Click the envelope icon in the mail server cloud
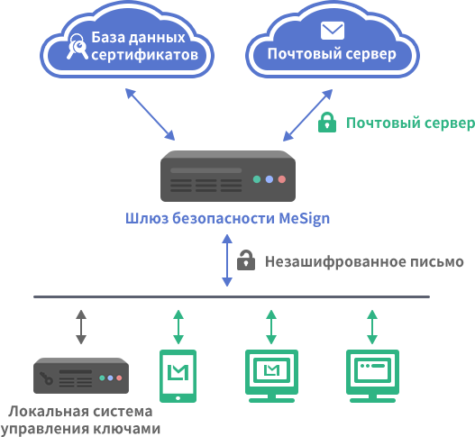pyautogui.click(x=333, y=31)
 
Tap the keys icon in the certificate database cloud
pyautogui.click(x=77, y=46)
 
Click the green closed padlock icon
pyautogui.click(x=327, y=122)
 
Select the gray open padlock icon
pyautogui.click(x=246, y=259)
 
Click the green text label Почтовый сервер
pyautogui.click(x=410, y=123)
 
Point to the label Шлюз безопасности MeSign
pyautogui.click(x=227, y=218)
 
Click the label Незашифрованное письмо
pyautogui.click(x=364, y=261)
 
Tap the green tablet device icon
pyautogui.click(x=178, y=376)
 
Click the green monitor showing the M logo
pyautogui.click(x=271, y=376)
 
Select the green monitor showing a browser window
pyautogui.click(x=372, y=376)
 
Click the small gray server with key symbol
pyautogui.click(x=81, y=376)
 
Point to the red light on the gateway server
pyautogui.click(x=282, y=179)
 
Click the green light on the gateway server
pyautogui.click(x=257, y=179)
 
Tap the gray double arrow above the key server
pyautogui.click(x=81, y=327)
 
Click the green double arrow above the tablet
pyautogui.click(x=178, y=327)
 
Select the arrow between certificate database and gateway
pyautogui.click(x=150, y=114)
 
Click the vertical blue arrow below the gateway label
pyautogui.click(x=227, y=260)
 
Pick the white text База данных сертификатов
pyautogui.click(x=144, y=46)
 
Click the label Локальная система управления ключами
pyautogui.click(x=81, y=420)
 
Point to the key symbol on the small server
pyautogui.click(x=46, y=378)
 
